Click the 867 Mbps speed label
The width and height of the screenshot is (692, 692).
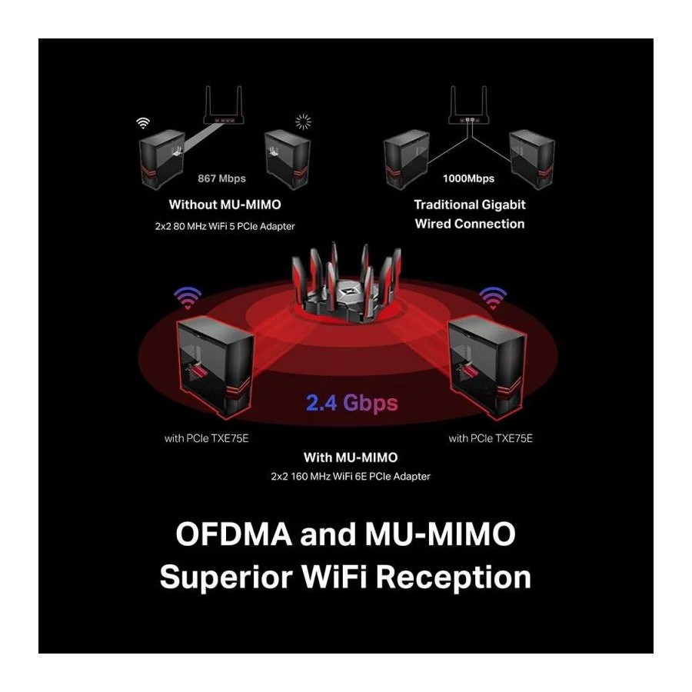(x=221, y=178)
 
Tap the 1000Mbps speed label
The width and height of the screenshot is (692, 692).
(x=469, y=178)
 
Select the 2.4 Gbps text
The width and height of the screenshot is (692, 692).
(x=351, y=403)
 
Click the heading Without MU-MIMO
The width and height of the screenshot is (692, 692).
(x=225, y=205)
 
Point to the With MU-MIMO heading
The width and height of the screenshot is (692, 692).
(x=351, y=457)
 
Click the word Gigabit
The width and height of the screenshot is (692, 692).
(x=504, y=205)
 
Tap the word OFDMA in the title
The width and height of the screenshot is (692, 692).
(x=234, y=534)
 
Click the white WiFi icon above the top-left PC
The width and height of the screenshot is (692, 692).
(x=143, y=123)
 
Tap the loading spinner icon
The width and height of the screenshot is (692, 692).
(x=303, y=121)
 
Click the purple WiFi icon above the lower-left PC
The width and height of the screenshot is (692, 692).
(x=188, y=297)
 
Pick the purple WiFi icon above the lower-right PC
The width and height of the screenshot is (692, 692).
(x=493, y=297)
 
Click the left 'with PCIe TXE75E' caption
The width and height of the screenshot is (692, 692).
(x=207, y=438)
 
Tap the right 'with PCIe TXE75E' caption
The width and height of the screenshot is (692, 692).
(x=491, y=438)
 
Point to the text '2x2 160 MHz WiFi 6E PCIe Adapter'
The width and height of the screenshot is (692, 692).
(x=351, y=477)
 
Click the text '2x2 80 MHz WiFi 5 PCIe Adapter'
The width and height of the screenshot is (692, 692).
(x=225, y=226)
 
